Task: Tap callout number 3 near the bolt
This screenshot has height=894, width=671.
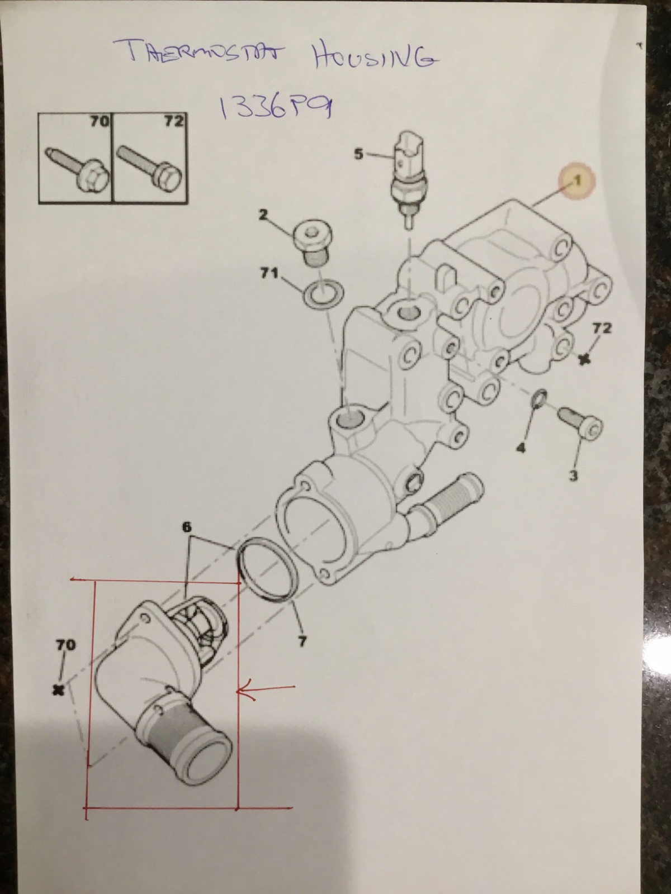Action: pos(573,475)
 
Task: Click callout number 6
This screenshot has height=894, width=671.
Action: pos(186,527)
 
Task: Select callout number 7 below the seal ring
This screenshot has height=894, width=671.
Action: pos(302,641)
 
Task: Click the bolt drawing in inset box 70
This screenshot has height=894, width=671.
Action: pos(77,171)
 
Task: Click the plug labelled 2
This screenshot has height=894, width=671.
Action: pos(313,244)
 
